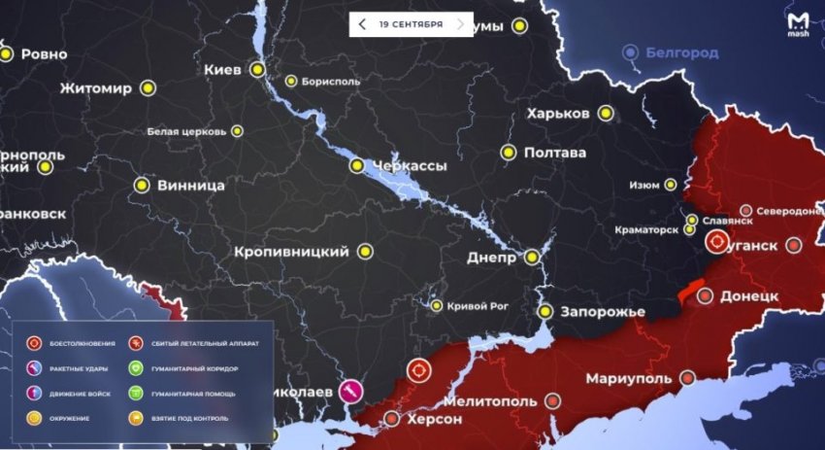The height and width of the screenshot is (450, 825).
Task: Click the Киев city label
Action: click(x=225, y=70)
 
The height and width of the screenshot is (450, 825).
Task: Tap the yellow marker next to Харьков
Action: click(x=607, y=114)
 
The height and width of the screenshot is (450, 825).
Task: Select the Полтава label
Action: click(x=554, y=153)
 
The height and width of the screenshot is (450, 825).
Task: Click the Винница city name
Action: click(x=192, y=185)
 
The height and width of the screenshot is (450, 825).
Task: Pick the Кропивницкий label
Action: click(x=291, y=252)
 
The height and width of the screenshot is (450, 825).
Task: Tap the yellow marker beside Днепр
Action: click(x=532, y=258)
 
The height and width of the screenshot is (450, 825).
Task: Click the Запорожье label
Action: click(x=603, y=312)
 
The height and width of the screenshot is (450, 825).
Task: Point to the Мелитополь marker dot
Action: click(x=553, y=400)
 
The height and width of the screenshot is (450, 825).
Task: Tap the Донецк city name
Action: click(x=750, y=294)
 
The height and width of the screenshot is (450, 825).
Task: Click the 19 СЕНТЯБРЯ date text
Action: click(x=412, y=23)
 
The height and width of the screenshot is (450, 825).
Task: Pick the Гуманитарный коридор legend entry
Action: click(x=195, y=369)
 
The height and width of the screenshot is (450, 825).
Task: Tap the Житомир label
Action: click(x=95, y=88)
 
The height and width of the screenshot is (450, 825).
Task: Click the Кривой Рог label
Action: click(x=478, y=306)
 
